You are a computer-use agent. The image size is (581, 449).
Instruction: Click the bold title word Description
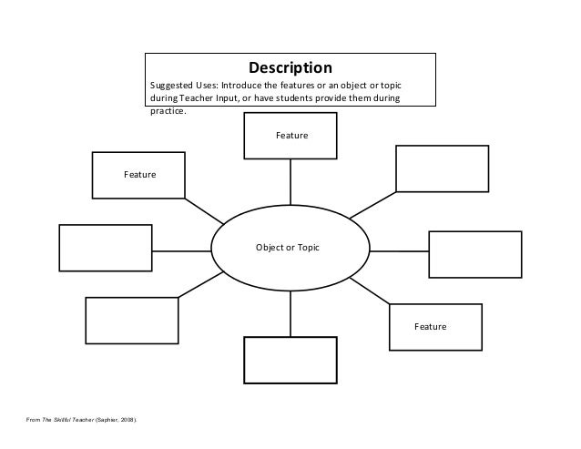tap(291, 68)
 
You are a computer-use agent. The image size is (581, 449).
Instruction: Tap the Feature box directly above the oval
tap(290, 135)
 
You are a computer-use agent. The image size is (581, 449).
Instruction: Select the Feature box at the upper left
tap(139, 174)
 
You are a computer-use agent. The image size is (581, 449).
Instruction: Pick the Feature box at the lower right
tap(434, 326)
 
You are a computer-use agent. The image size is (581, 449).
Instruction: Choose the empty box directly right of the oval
tap(474, 254)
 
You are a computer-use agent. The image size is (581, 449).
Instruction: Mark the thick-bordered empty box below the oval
tap(290, 361)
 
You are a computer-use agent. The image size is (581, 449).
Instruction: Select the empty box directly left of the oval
tap(104, 247)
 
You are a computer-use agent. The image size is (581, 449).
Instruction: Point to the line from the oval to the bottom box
tap(290, 311)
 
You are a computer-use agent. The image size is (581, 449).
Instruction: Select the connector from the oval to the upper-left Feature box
tap(204, 209)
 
